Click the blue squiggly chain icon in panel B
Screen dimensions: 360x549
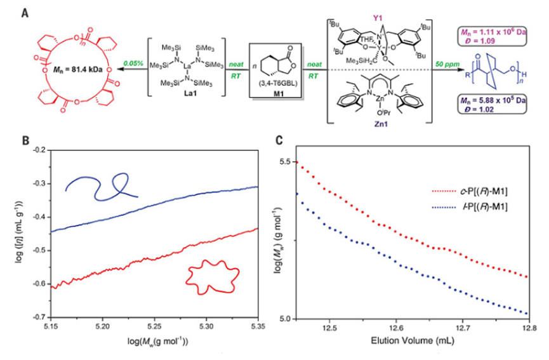click(x=102, y=182)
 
